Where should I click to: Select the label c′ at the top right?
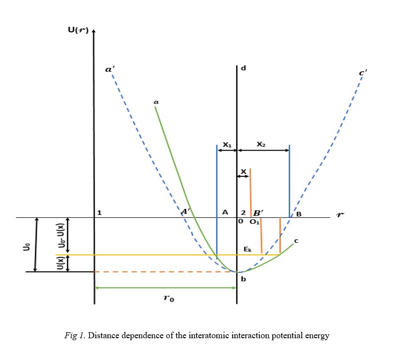(363, 74)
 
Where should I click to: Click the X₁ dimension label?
(227, 145)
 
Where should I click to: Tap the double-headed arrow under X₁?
(227, 150)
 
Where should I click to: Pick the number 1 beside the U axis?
(99, 212)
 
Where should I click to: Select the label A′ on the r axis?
(187, 211)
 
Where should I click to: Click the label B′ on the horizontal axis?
(258, 212)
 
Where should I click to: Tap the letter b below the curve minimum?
(243, 279)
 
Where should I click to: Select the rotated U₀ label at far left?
(27, 245)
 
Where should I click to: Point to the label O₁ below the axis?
(253, 222)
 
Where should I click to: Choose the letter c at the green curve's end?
(295, 241)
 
